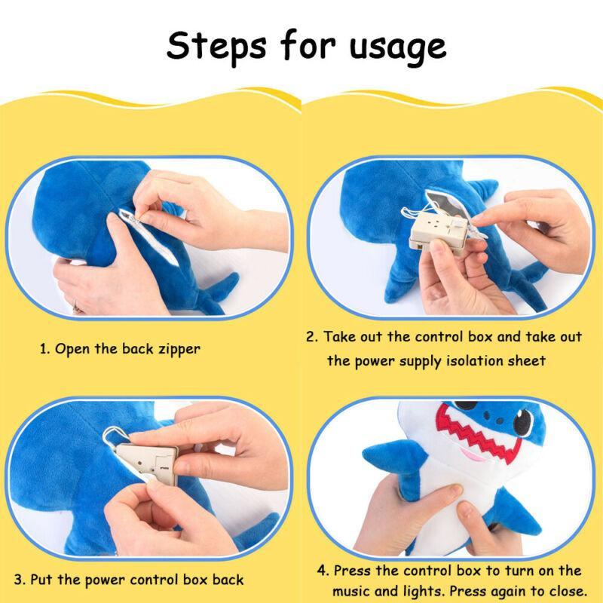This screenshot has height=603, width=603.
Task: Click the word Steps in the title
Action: click(x=216, y=47)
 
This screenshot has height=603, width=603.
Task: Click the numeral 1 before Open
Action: click(x=44, y=349)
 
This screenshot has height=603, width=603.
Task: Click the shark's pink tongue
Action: click(x=473, y=455)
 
